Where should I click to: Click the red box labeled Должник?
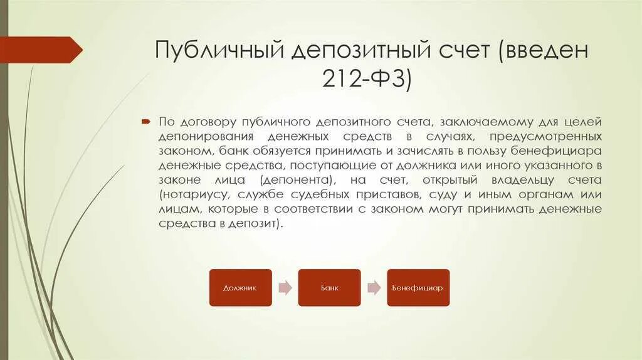click(240, 288)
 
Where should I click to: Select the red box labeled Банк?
click(329, 288)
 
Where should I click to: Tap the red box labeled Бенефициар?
click(418, 288)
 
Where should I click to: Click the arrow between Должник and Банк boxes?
click(285, 288)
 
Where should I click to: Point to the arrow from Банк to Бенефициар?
click(374, 288)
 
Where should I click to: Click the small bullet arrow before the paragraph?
click(145, 120)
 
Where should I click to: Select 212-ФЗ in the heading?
click(367, 80)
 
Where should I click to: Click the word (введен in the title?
click(543, 51)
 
